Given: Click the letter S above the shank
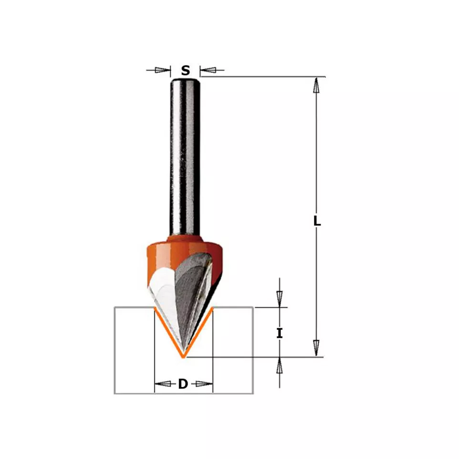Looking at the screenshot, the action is coord(185,70).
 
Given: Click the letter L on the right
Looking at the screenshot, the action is coord(317,221).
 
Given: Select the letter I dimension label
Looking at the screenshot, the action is coord(280,333).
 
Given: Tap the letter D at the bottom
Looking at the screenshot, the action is coord(183,384).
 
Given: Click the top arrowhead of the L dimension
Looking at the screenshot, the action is coord(316,85).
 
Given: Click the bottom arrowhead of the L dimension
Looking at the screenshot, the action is coord(316,348).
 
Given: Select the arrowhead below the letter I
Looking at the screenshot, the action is coord(280,365).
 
